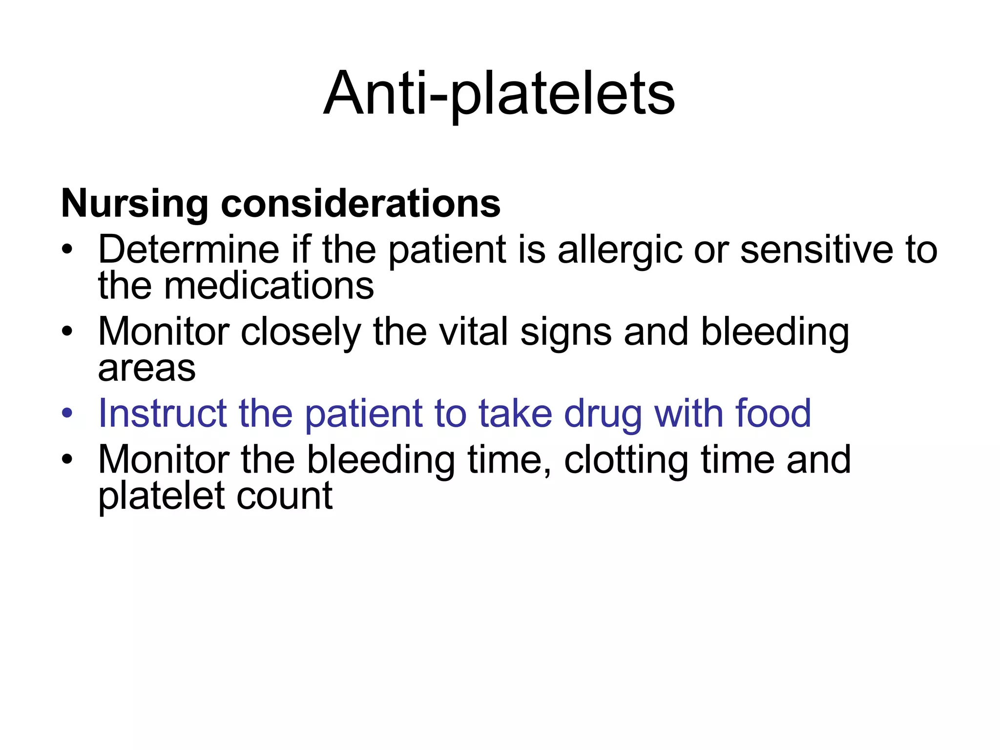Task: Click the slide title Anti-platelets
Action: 499,94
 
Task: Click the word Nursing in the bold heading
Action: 134,204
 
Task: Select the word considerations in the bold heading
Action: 360,203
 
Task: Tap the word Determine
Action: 188,250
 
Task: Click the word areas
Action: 147,369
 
